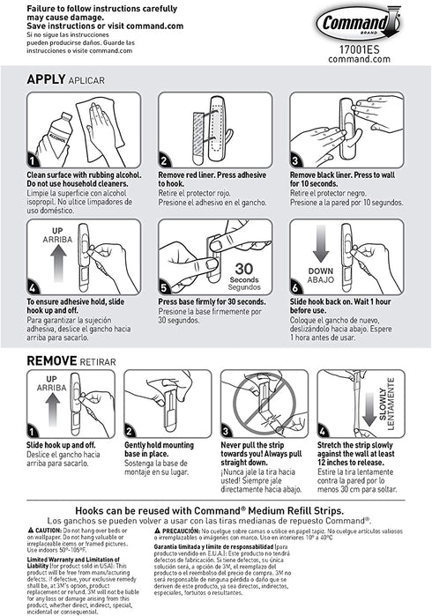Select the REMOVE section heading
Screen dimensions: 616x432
click(x=52, y=360)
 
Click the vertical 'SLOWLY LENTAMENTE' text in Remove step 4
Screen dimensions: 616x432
click(x=391, y=405)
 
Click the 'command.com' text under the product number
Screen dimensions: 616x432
click(x=376, y=59)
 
